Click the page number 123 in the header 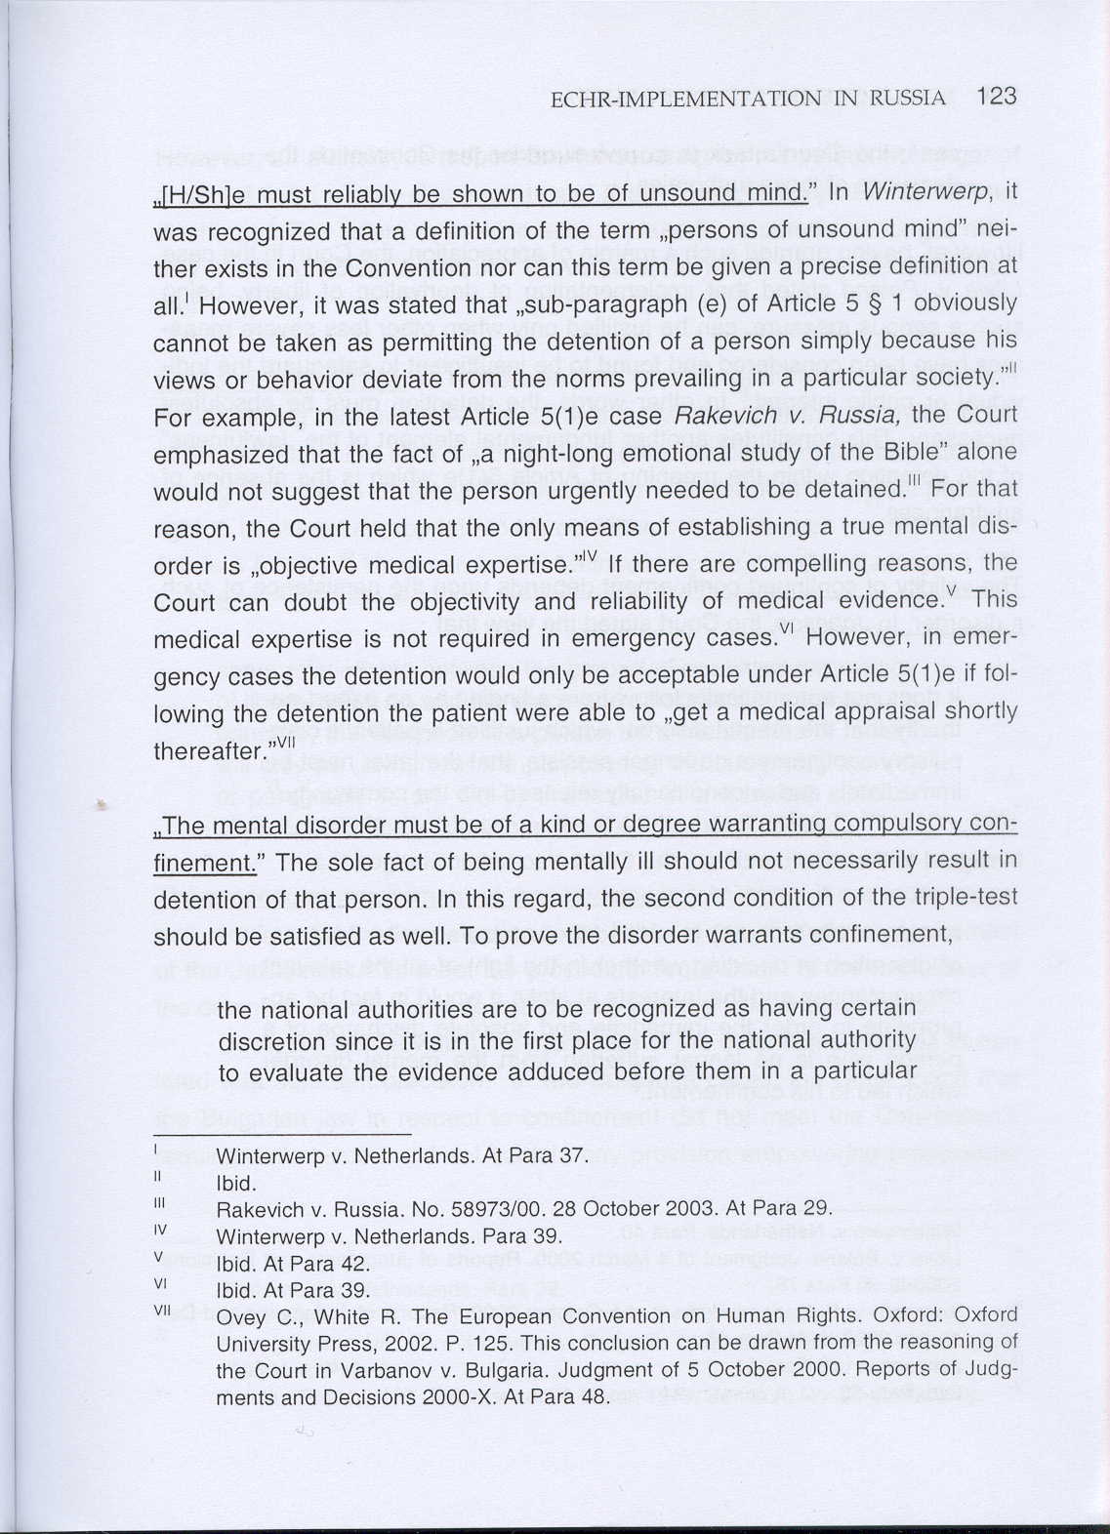[x=996, y=97]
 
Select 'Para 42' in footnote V [x=332, y=1263]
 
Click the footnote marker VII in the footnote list [x=162, y=1311]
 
